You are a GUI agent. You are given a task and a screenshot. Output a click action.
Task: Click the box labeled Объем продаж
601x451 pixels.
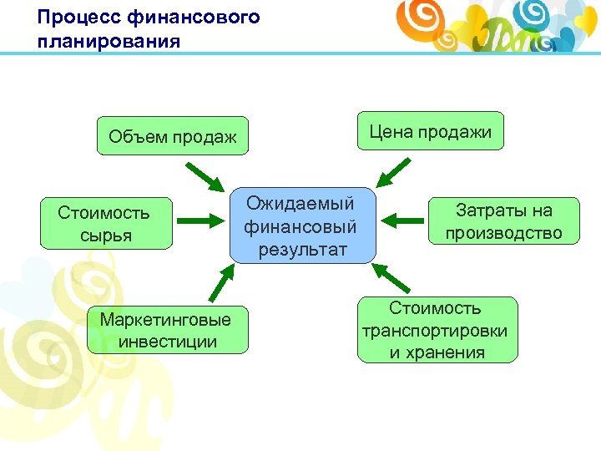[x=173, y=136]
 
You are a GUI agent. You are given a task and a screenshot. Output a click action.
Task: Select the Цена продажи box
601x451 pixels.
[x=431, y=131]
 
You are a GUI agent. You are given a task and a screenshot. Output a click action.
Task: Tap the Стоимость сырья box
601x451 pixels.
[x=104, y=224]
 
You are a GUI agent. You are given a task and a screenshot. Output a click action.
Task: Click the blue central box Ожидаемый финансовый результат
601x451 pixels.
[x=301, y=225]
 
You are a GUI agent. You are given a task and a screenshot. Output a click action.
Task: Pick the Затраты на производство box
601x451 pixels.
[x=503, y=221]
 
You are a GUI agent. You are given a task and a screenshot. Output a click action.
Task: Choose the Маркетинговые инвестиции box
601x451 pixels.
[x=167, y=329]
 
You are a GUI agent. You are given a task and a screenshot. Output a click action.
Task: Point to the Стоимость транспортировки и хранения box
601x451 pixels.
[x=436, y=330]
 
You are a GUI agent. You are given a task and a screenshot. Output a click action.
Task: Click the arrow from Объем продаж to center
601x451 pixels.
[x=205, y=176]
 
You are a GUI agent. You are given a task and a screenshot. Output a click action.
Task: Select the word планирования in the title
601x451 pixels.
[x=109, y=40]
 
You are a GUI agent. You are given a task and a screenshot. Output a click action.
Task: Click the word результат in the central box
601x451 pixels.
[x=301, y=248]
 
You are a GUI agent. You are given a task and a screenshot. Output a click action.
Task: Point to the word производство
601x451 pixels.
[x=503, y=233]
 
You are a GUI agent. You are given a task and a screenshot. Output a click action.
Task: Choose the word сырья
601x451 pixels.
[x=104, y=235]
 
